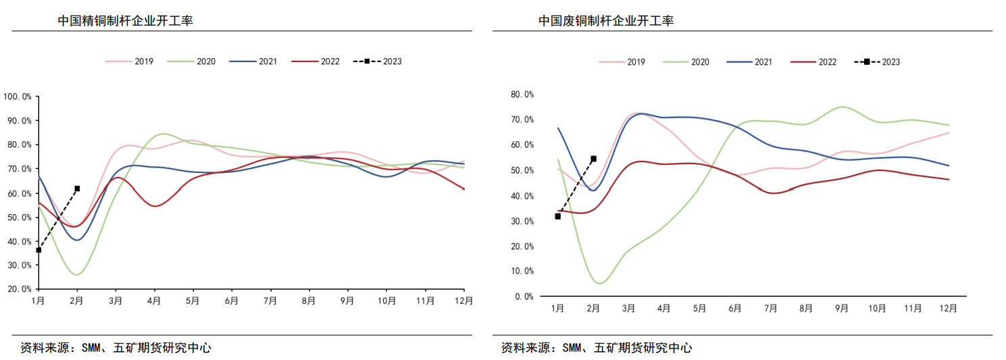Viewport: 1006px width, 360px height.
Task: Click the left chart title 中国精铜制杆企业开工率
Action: point(126,21)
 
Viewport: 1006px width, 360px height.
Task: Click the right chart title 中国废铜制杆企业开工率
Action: point(606,21)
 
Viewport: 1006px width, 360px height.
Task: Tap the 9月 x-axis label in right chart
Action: point(842,309)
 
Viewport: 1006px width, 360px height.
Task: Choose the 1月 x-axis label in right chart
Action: point(557,309)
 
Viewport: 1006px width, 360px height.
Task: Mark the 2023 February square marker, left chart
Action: point(77,188)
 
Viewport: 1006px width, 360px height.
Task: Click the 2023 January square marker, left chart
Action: point(39,250)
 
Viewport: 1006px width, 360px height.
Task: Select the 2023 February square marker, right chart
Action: point(594,159)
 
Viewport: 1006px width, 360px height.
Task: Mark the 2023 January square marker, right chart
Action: point(558,216)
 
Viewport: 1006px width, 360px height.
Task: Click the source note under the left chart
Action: point(116,349)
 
